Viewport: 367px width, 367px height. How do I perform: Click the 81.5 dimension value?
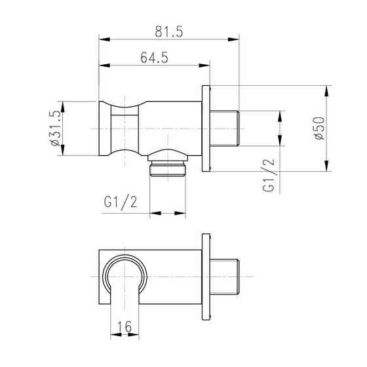(x=169, y=31)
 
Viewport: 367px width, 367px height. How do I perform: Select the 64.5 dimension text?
(x=154, y=58)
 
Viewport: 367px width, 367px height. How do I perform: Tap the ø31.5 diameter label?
(x=55, y=128)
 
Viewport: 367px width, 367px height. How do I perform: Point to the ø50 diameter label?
(x=320, y=128)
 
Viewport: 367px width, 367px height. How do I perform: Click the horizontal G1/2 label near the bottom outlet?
(x=121, y=203)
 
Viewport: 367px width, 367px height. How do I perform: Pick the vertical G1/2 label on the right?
(x=268, y=175)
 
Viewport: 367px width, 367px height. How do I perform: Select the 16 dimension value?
(x=125, y=326)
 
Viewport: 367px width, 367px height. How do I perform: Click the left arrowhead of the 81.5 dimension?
(x=104, y=39)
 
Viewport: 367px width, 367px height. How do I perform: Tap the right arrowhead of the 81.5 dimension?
(x=233, y=39)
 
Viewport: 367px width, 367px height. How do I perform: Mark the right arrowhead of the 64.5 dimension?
(x=204, y=66)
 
